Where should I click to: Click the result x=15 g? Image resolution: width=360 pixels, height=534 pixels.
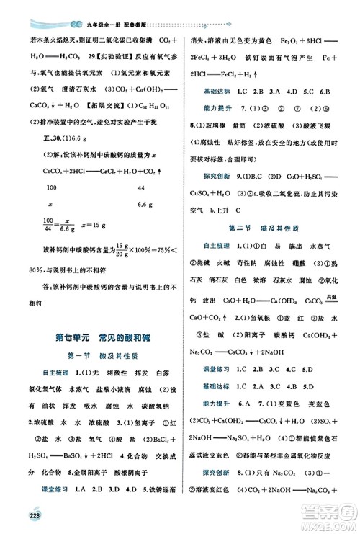[102, 225]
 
